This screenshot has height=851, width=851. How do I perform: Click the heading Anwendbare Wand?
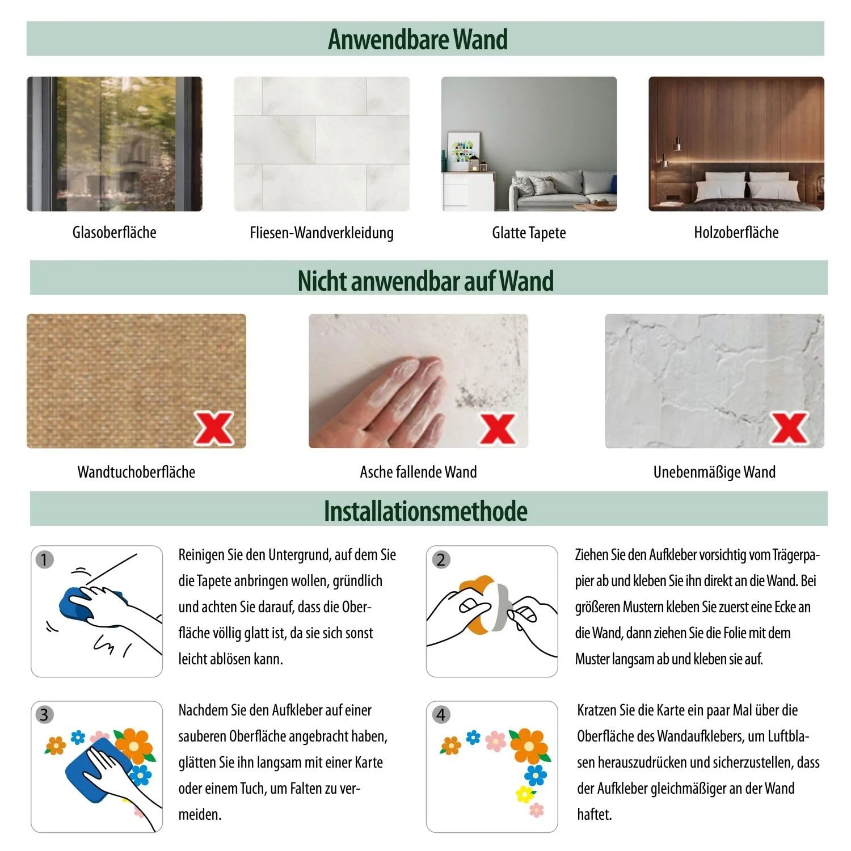(x=418, y=39)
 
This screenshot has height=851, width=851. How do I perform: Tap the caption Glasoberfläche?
(x=114, y=232)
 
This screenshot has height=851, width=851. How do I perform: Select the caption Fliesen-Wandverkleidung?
(x=322, y=233)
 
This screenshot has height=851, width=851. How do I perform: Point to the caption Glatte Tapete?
(x=529, y=233)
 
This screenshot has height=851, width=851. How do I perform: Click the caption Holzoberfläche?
(x=736, y=232)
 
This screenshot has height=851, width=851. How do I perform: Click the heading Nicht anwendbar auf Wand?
(x=425, y=280)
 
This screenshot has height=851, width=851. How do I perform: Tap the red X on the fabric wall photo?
(x=214, y=428)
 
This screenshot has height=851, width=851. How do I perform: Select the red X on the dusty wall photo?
(x=498, y=428)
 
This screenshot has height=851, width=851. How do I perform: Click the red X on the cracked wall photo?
(x=789, y=428)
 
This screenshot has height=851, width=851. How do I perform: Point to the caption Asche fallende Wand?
(x=418, y=472)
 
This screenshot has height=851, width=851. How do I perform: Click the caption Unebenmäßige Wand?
(x=714, y=472)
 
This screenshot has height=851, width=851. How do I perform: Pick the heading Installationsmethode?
(x=425, y=511)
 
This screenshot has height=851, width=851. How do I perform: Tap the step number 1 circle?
(x=44, y=560)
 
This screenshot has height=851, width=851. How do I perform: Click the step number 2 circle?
(x=441, y=560)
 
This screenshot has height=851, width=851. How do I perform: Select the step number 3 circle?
(x=44, y=714)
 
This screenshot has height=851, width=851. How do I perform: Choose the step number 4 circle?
(x=441, y=714)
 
